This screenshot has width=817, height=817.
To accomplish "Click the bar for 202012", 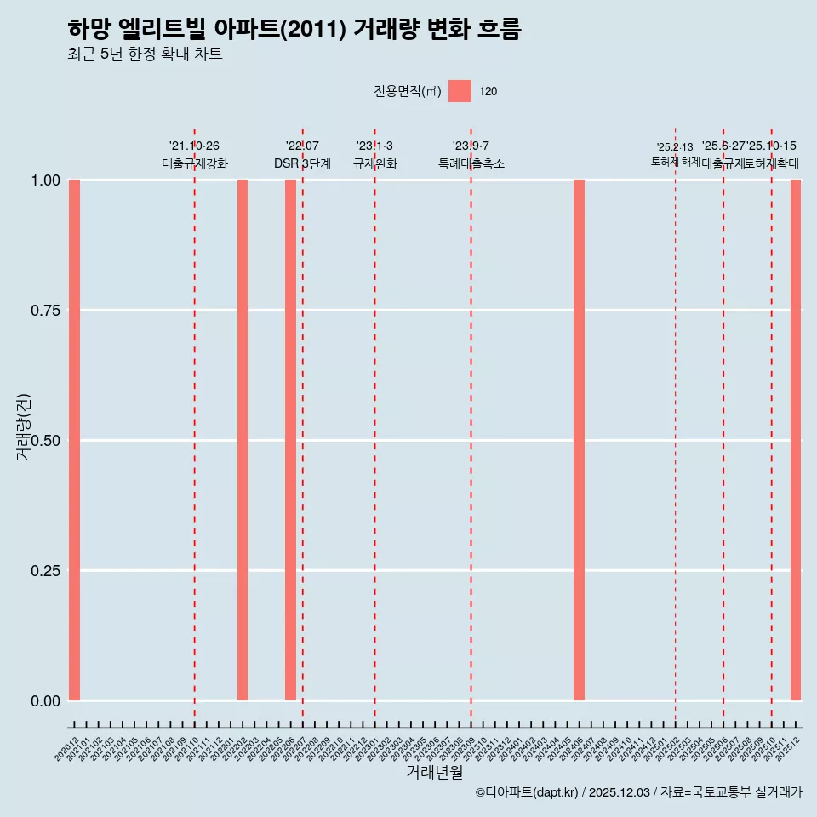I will click(x=74, y=440).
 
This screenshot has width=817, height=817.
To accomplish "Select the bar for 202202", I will click(x=243, y=440).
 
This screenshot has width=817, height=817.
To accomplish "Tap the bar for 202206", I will click(x=290, y=440).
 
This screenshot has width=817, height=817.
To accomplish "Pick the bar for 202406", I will click(x=579, y=440).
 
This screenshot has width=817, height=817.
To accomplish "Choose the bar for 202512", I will click(x=796, y=440).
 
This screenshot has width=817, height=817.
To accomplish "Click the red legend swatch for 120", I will click(x=460, y=91).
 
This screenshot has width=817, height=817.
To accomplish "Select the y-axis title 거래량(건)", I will click(x=23, y=426).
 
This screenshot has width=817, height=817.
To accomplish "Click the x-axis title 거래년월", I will click(x=435, y=772).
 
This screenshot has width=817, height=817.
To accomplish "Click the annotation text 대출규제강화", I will click(x=195, y=163).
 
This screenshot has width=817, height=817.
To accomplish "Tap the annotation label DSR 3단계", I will click(x=302, y=163).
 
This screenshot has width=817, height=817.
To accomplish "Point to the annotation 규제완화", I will click(x=375, y=163).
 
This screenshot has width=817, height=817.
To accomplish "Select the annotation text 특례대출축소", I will click(x=471, y=163).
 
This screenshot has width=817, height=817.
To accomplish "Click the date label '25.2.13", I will click(x=675, y=146).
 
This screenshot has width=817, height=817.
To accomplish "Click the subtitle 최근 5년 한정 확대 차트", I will click(x=145, y=54).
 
